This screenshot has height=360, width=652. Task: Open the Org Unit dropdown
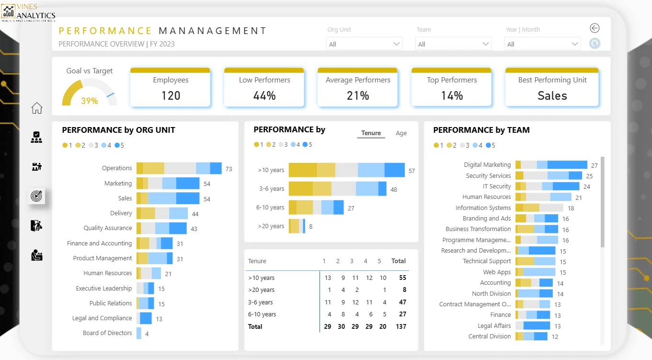pos(365,44)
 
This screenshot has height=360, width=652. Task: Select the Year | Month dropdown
pos(543,44)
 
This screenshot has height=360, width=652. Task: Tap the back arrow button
pos(595,28)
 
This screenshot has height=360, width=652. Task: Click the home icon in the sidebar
pos(36,108)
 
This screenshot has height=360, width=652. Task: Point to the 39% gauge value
pos(89,101)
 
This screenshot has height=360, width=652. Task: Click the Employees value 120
pos(171,95)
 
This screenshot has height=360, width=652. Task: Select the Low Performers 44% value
pos(264,95)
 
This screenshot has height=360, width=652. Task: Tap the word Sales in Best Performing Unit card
pos(552,95)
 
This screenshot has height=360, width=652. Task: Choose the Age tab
pos(401,133)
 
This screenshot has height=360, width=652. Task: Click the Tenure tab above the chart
pos(371,133)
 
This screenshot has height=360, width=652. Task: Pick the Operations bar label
pos(117,168)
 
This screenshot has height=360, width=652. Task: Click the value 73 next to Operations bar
pos(229,169)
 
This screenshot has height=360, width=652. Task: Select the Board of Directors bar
pos(139,333)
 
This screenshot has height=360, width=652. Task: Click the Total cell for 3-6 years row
pos(402,302)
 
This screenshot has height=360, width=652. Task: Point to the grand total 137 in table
pos(401,326)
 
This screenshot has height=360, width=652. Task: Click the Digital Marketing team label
pos(487,165)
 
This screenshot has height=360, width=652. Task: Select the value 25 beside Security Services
pos(589,176)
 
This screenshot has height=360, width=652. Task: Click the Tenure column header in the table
pos(257,261)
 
